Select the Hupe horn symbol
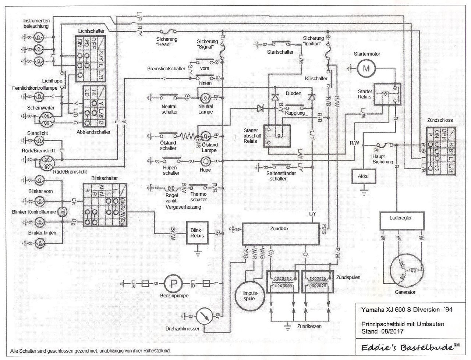point(206,161)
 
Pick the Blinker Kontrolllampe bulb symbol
point(63,211)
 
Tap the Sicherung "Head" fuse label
point(167,42)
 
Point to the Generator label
point(405,292)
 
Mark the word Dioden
point(293,93)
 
